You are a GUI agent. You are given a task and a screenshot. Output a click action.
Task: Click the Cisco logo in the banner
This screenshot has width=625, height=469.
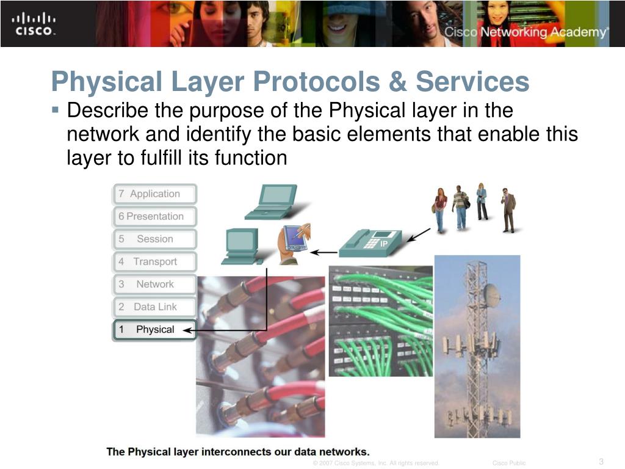click(34, 24)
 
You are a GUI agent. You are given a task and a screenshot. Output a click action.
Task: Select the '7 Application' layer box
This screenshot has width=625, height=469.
click(155, 194)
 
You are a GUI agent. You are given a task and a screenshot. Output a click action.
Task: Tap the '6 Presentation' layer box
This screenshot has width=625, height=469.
click(155, 217)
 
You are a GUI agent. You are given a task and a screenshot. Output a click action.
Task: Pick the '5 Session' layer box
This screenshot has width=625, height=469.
click(155, 239)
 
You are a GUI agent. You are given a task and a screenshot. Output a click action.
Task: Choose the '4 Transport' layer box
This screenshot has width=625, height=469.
click(155, 262)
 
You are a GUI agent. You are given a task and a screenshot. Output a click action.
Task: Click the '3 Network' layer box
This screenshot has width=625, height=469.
click(155, 285)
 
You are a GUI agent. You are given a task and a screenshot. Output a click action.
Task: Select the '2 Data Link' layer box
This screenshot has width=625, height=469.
click(155, 307)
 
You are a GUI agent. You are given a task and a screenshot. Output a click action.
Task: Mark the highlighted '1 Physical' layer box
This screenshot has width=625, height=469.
click(155, 330)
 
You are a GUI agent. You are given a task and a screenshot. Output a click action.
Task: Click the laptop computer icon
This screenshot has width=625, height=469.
click(271, 202)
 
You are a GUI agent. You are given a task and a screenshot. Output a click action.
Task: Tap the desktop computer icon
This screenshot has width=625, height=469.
click(240, 246)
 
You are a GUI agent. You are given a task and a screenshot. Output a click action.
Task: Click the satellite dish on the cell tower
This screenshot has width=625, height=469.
click(491, 296)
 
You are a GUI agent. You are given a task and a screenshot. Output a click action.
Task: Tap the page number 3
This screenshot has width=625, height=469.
click(601, 461)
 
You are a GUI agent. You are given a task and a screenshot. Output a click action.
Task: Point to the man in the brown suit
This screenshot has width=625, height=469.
click(508, 210)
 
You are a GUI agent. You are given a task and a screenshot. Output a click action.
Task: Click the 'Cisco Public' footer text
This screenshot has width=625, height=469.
click(509, 463)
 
